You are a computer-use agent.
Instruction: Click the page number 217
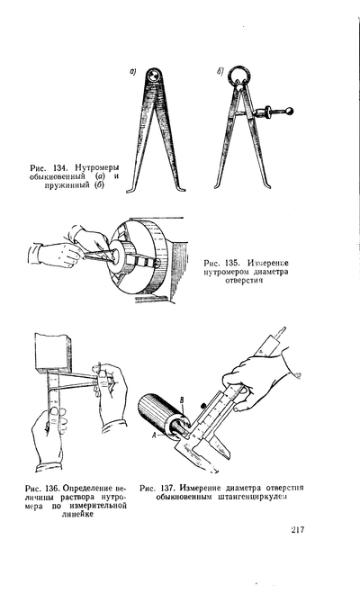coord(297,530)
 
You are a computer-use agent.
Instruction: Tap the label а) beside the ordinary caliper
coord(133,71)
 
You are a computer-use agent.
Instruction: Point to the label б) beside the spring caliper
coord(220,72)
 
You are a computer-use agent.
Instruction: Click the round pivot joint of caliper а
coord(153,74)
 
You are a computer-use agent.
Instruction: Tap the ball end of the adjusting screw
coord(289,112)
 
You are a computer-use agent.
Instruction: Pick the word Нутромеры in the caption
coord(97,168)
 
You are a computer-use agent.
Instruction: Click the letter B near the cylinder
coord(183,400)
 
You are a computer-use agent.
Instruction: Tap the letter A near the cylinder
coord(155,435)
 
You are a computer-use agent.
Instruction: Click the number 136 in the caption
coord(52,489)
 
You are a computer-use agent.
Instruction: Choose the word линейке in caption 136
coord(77,515)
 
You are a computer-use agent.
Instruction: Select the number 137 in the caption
coord(166,489)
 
